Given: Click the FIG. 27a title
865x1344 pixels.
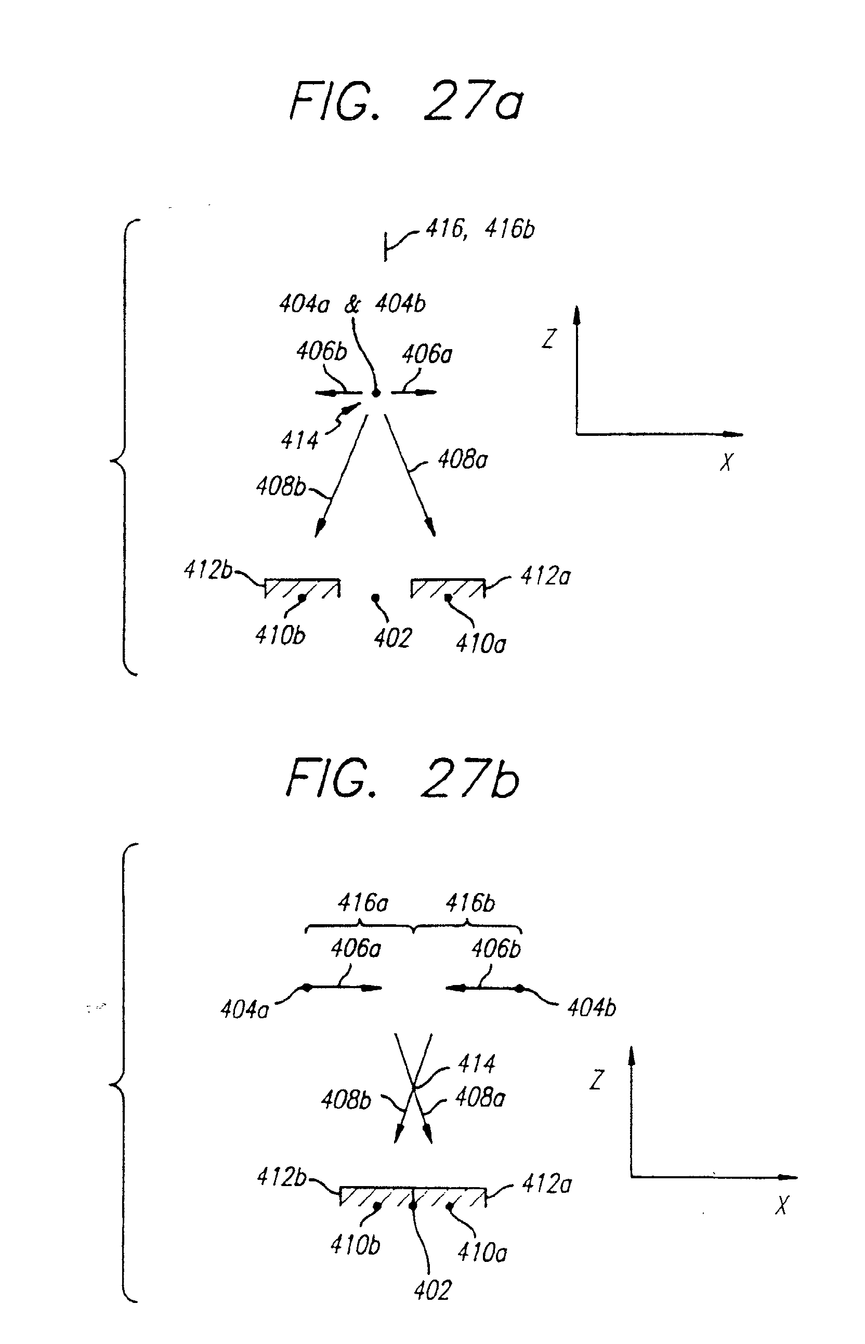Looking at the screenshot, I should click(x=406, y=101).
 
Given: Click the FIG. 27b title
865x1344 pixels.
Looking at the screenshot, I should click(x=403, y=779).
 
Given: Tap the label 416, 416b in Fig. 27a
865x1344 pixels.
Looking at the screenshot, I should click(x=480, y=229).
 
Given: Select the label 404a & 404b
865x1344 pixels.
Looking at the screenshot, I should click(x=352, y=304).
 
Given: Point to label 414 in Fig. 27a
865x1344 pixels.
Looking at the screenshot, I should click(x=299, y=441).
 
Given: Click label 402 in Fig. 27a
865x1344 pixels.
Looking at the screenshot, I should click(x=392, y=638).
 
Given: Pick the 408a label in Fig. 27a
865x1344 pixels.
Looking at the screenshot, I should click(x=462, y=460).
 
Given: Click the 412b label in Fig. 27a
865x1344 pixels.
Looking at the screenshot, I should click(x=207, y=570).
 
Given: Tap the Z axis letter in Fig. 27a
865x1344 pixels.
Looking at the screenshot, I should click(x=549, y=339).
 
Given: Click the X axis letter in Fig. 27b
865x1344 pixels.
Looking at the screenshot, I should click(x=782, y=1205).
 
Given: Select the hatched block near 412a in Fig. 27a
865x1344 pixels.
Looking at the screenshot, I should click(x=448, y=588).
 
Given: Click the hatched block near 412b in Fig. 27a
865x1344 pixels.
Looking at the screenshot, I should click(x=302, y=588).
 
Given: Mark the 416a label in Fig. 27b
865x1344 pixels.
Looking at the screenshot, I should click(x=363, y=903).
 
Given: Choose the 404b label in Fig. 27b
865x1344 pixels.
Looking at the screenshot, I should click(x=592, y=1008).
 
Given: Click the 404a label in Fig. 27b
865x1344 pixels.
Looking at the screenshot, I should click(x=244, y=1010).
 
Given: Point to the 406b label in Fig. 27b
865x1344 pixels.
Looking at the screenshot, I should click(x=496, y=949).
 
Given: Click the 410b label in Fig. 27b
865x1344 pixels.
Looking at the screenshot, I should click(x=355, y=1245).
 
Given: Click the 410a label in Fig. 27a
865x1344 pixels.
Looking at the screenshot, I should click(x=481, y=644).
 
